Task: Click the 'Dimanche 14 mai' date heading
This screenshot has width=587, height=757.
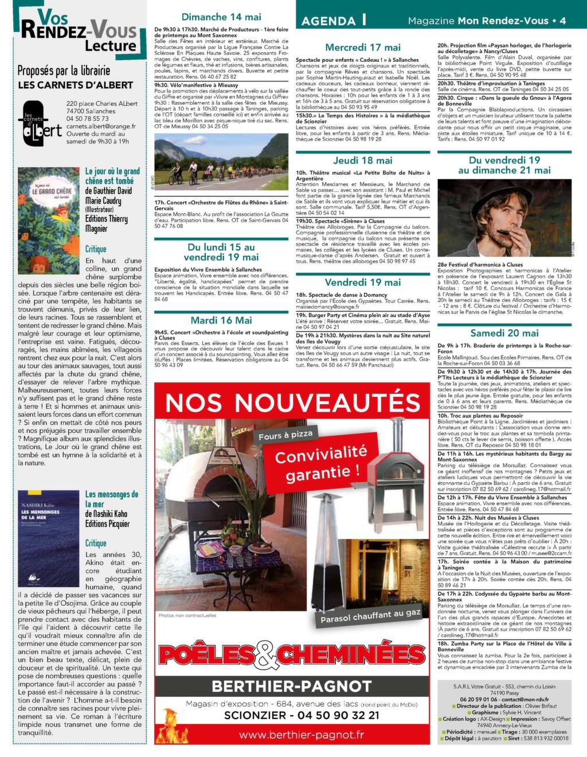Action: (x=221, y=17)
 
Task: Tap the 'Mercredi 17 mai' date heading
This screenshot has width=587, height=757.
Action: (x=363, y=48)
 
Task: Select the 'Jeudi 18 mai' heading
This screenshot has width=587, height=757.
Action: (x=363, y=160)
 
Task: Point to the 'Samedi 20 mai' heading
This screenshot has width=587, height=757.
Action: (x=504, y=333)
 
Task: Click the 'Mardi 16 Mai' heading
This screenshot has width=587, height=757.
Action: (x=221, y=320)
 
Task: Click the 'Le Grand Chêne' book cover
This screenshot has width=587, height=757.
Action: (x=48, y=221)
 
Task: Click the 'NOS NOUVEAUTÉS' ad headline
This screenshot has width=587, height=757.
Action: (x=292, y=403)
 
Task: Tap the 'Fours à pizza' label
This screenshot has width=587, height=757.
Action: (x=285, y=436)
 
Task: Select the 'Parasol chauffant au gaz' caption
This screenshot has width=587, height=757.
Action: (x=370, y=616)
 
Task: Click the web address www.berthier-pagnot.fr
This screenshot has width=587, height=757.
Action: (x=301, y=735)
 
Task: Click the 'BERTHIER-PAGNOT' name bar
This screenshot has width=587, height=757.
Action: (x=292, y=686)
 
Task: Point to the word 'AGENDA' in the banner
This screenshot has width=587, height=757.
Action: (x=328, y=21)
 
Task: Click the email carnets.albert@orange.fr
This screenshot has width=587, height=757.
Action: (x=101, y=127)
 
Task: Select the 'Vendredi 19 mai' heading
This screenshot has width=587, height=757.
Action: (x=363, y=282)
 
